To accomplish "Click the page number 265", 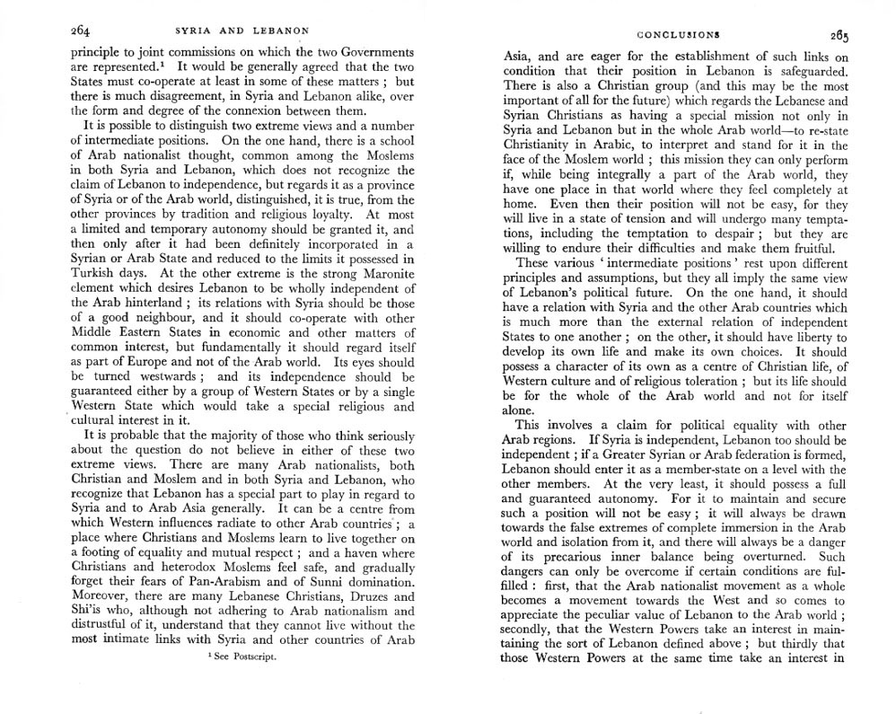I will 839,36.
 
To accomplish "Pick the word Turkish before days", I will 101,274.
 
